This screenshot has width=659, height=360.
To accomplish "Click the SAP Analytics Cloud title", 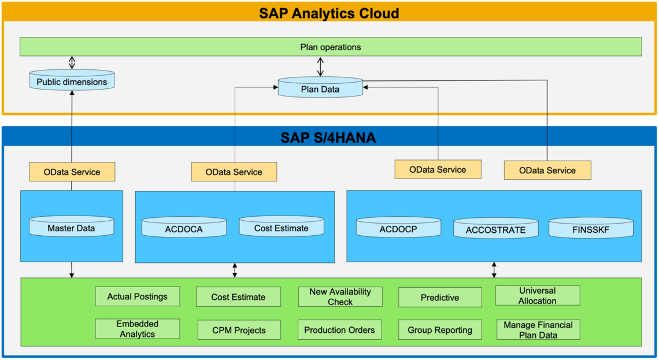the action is [x=329, y=13].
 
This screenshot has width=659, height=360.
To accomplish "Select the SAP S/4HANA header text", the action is [x=328, y=138].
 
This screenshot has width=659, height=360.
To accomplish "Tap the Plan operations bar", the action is [x=331, y=47].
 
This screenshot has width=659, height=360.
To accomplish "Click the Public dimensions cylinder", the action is [x=72, y=80].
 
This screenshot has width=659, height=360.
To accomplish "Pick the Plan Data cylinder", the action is [x=320, y=87].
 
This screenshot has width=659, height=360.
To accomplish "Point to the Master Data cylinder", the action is [x=72, y=227].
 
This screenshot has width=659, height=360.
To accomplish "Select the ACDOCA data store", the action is [x=184, y=227].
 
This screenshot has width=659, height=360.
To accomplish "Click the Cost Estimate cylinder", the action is [x=282, y=227].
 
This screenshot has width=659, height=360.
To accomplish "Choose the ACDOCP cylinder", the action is [x=398, y=227].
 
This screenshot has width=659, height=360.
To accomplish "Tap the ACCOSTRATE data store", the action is [x=496, y=228].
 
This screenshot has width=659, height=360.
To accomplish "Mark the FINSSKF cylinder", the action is [x=591, y=228].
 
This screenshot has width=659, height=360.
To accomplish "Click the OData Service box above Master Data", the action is [x=72, y=172].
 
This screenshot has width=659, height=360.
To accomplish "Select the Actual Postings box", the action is [x=138, y=296].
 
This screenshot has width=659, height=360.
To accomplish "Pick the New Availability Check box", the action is [x=340, y=296].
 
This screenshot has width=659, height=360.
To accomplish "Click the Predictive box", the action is [x=440, y=298].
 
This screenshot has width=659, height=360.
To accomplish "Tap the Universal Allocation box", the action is [x=538, y=296].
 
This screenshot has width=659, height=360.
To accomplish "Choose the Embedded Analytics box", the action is [x=138, y=329].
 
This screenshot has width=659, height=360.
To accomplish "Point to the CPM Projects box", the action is [x=239, y=330].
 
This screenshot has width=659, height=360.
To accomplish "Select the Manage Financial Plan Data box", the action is [x=538, y=330].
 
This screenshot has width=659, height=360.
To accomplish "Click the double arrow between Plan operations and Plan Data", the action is [x=320, y=66].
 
